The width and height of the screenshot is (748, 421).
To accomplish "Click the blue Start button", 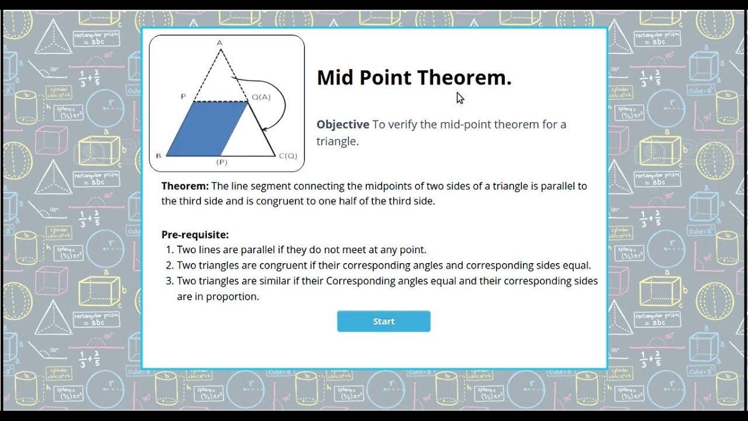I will coord(383,322).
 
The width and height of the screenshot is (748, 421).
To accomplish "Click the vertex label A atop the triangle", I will coord(220,43).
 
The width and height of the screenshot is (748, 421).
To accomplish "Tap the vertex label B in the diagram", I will coord(158,156).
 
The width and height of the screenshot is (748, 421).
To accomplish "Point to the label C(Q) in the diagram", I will coord(288,156).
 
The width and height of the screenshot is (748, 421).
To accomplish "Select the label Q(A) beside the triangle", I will coord(261,97).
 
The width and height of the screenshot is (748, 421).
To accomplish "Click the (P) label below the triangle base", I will coord(221,162).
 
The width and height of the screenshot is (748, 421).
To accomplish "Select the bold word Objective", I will coord(342,125).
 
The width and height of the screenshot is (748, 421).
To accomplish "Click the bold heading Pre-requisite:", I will coord(195,234).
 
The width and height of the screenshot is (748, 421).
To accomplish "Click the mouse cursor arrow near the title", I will coord(460,98).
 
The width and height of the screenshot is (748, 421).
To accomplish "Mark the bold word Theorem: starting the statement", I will coord(185,186).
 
